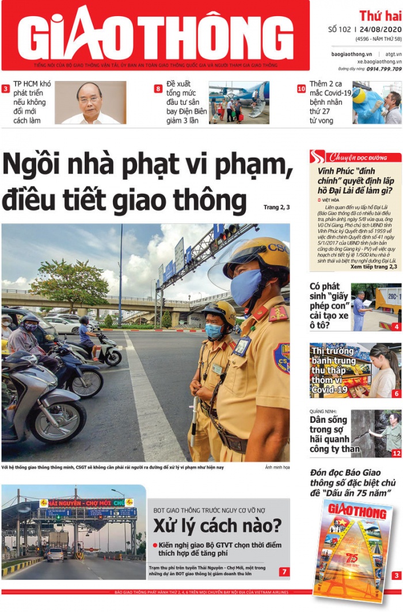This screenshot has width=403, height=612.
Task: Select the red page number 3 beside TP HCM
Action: (x=6, y=89)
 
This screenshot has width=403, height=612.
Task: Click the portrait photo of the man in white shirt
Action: (x=90, y=102)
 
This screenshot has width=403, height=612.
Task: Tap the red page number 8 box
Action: (x=158, y=89)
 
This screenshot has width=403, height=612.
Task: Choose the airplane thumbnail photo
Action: (x=238, y=102)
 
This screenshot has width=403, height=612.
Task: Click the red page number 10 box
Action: (x=301, y=89)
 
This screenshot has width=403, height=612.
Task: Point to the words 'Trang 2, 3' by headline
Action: (x=276, y=207)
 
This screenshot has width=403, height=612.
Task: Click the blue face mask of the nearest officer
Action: (x=246, y=286)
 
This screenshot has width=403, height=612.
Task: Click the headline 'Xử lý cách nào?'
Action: (x=217, y=525)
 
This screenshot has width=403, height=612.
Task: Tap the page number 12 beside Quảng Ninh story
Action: (x=396, y=453)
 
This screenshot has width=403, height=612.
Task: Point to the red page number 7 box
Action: (x=284, y=571)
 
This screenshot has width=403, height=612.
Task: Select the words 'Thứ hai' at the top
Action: (x=380, y=16)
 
